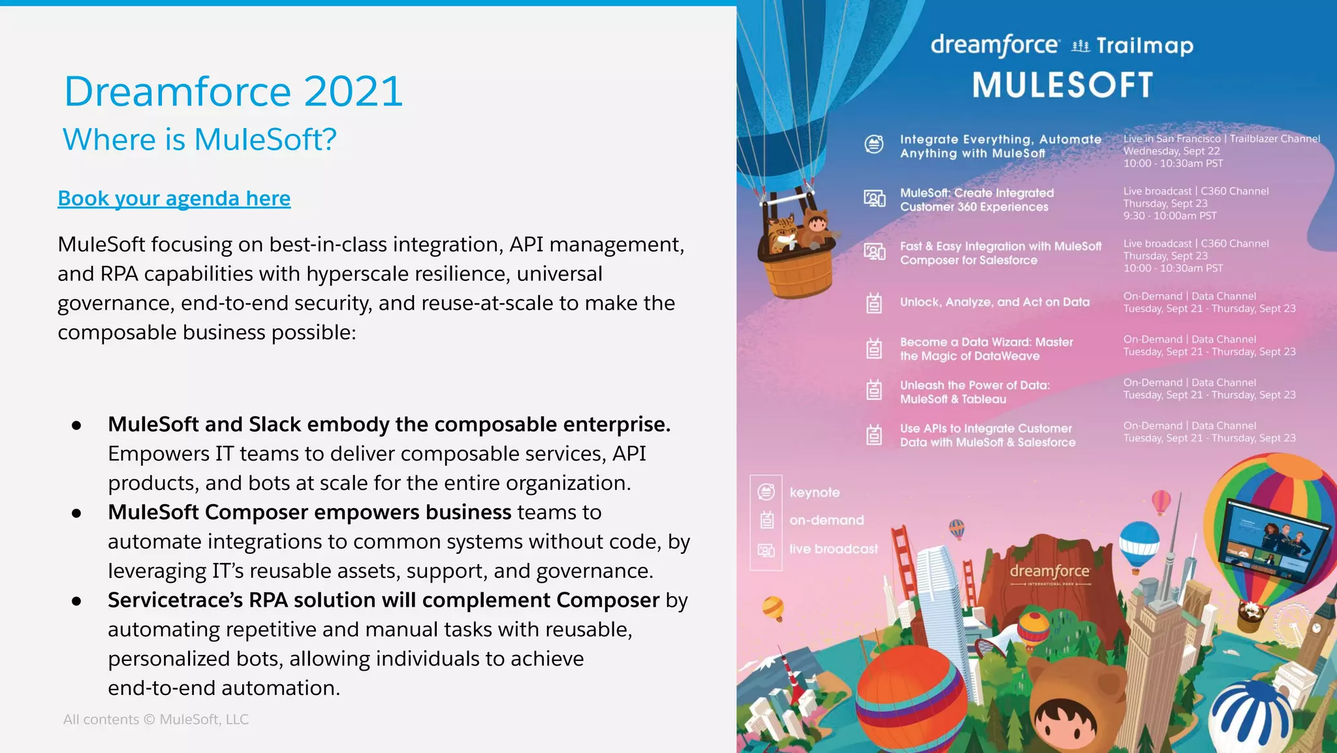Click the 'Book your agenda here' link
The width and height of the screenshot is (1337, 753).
(x=174, y=198)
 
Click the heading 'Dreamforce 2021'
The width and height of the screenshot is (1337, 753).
(x=233, y=91)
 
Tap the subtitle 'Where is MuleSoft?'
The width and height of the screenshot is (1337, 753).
(x=199, y=140)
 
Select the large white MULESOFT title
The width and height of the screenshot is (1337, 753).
(x=1062, y=86)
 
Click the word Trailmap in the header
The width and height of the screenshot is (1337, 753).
(x=1144, y=46)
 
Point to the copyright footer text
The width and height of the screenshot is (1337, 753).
(x=155, y=719)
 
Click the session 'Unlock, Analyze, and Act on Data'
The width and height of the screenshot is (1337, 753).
(x=994, y=302)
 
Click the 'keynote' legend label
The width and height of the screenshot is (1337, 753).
(x=814, y=492)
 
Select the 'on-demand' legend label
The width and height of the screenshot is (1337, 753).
(x=826, y=521)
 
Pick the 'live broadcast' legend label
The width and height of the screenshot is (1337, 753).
(x=833, y=549)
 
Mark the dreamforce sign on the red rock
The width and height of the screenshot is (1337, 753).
(x=1049, y=572)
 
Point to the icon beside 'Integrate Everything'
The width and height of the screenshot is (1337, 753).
(x=874, y=144)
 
